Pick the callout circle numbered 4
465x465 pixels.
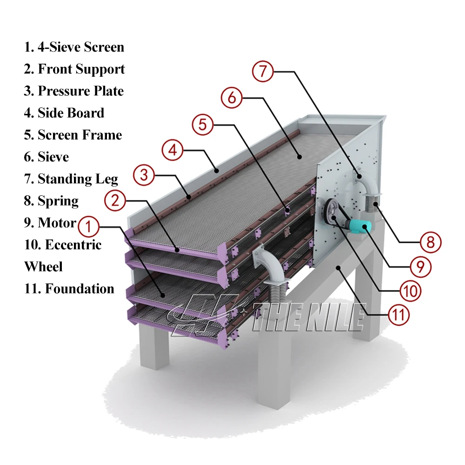pyautogui.click(x=173, y=150)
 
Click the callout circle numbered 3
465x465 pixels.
pyautogui.click(x=144, y=175)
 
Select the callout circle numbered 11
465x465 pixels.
pyautogui.click(x=399, y=315)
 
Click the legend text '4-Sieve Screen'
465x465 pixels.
pyautogui.click(x=81, y=47)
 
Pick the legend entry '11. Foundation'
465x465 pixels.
pyautogui.click(x=69, y=289)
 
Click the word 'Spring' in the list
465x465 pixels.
pyautogui.click(x=58, y=201)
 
